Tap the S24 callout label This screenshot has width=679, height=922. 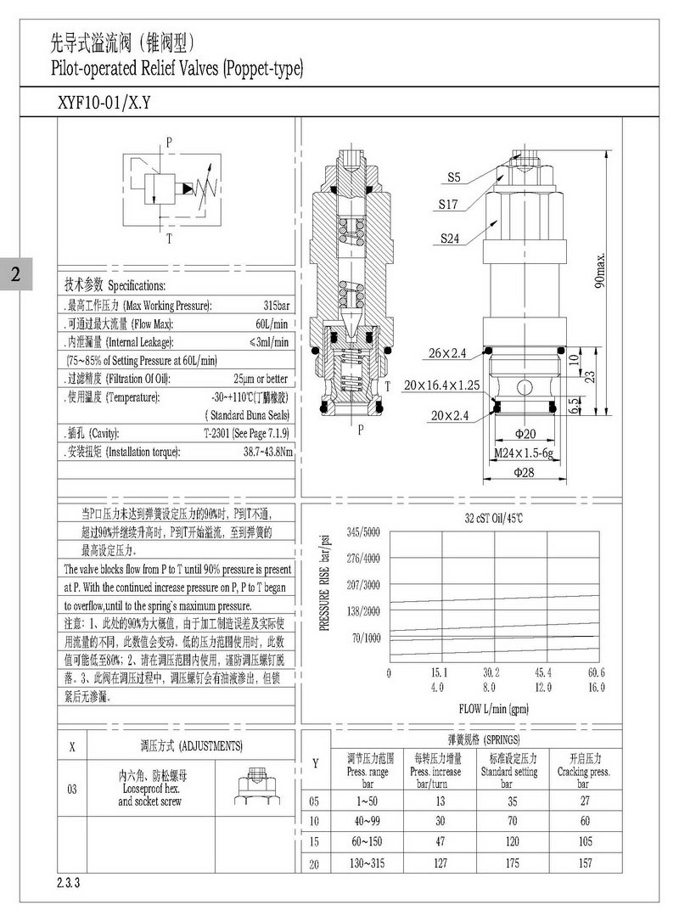[450, 239]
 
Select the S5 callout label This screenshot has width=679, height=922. [455, 177]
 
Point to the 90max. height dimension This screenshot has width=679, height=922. [599, 270]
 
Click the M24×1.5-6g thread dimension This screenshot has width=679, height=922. [525, 453]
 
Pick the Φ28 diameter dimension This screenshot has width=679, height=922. [524, 472]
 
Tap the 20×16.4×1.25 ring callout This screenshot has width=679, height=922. [441, 385]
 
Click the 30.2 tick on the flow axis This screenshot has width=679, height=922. [491, 673]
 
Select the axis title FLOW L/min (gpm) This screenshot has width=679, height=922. [494, 708]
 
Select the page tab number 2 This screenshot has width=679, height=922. [16, 273]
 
